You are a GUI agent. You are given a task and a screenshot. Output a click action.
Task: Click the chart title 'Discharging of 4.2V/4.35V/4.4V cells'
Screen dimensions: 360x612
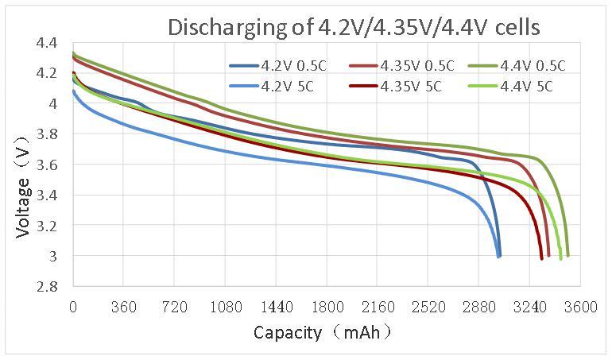point(353,27)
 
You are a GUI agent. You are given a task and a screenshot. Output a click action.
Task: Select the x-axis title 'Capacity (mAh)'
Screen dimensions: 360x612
point(322,331)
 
